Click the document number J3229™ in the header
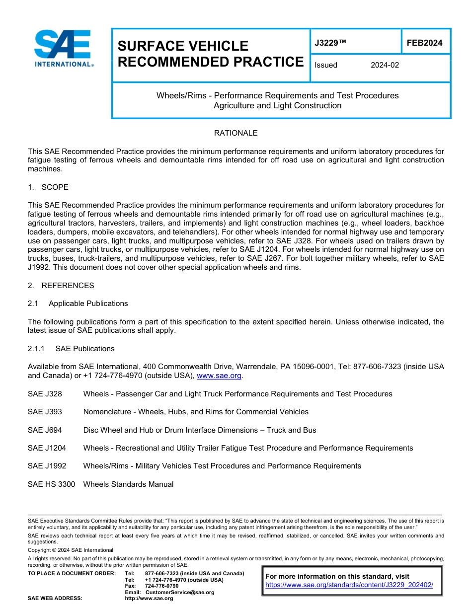click(330, 43)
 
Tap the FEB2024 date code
click(424, 43)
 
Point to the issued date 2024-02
click(385, 65)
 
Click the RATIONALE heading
click(236, 133)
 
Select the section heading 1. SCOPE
click(48, 187)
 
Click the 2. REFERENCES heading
click(61, 286)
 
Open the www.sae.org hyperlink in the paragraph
click(219, 376)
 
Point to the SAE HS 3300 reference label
click(51, 484)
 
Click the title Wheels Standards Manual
click(128, 484)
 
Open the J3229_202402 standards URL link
click(349, 585)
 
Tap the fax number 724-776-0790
click(161, 586)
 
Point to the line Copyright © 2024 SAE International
click(71, 550)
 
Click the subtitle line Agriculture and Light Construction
click(277, 106)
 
